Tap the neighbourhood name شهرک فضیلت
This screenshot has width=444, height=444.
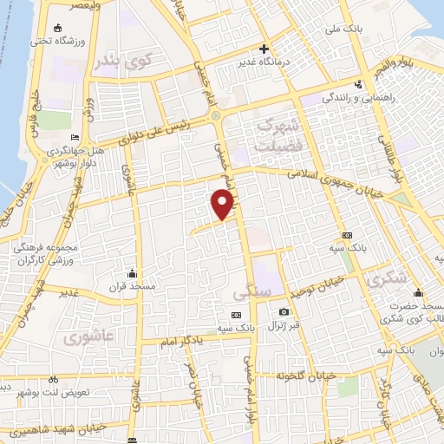283,133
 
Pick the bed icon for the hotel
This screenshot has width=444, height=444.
75,138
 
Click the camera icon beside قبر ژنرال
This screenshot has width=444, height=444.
284,312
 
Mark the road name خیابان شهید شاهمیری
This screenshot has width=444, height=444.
77,428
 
